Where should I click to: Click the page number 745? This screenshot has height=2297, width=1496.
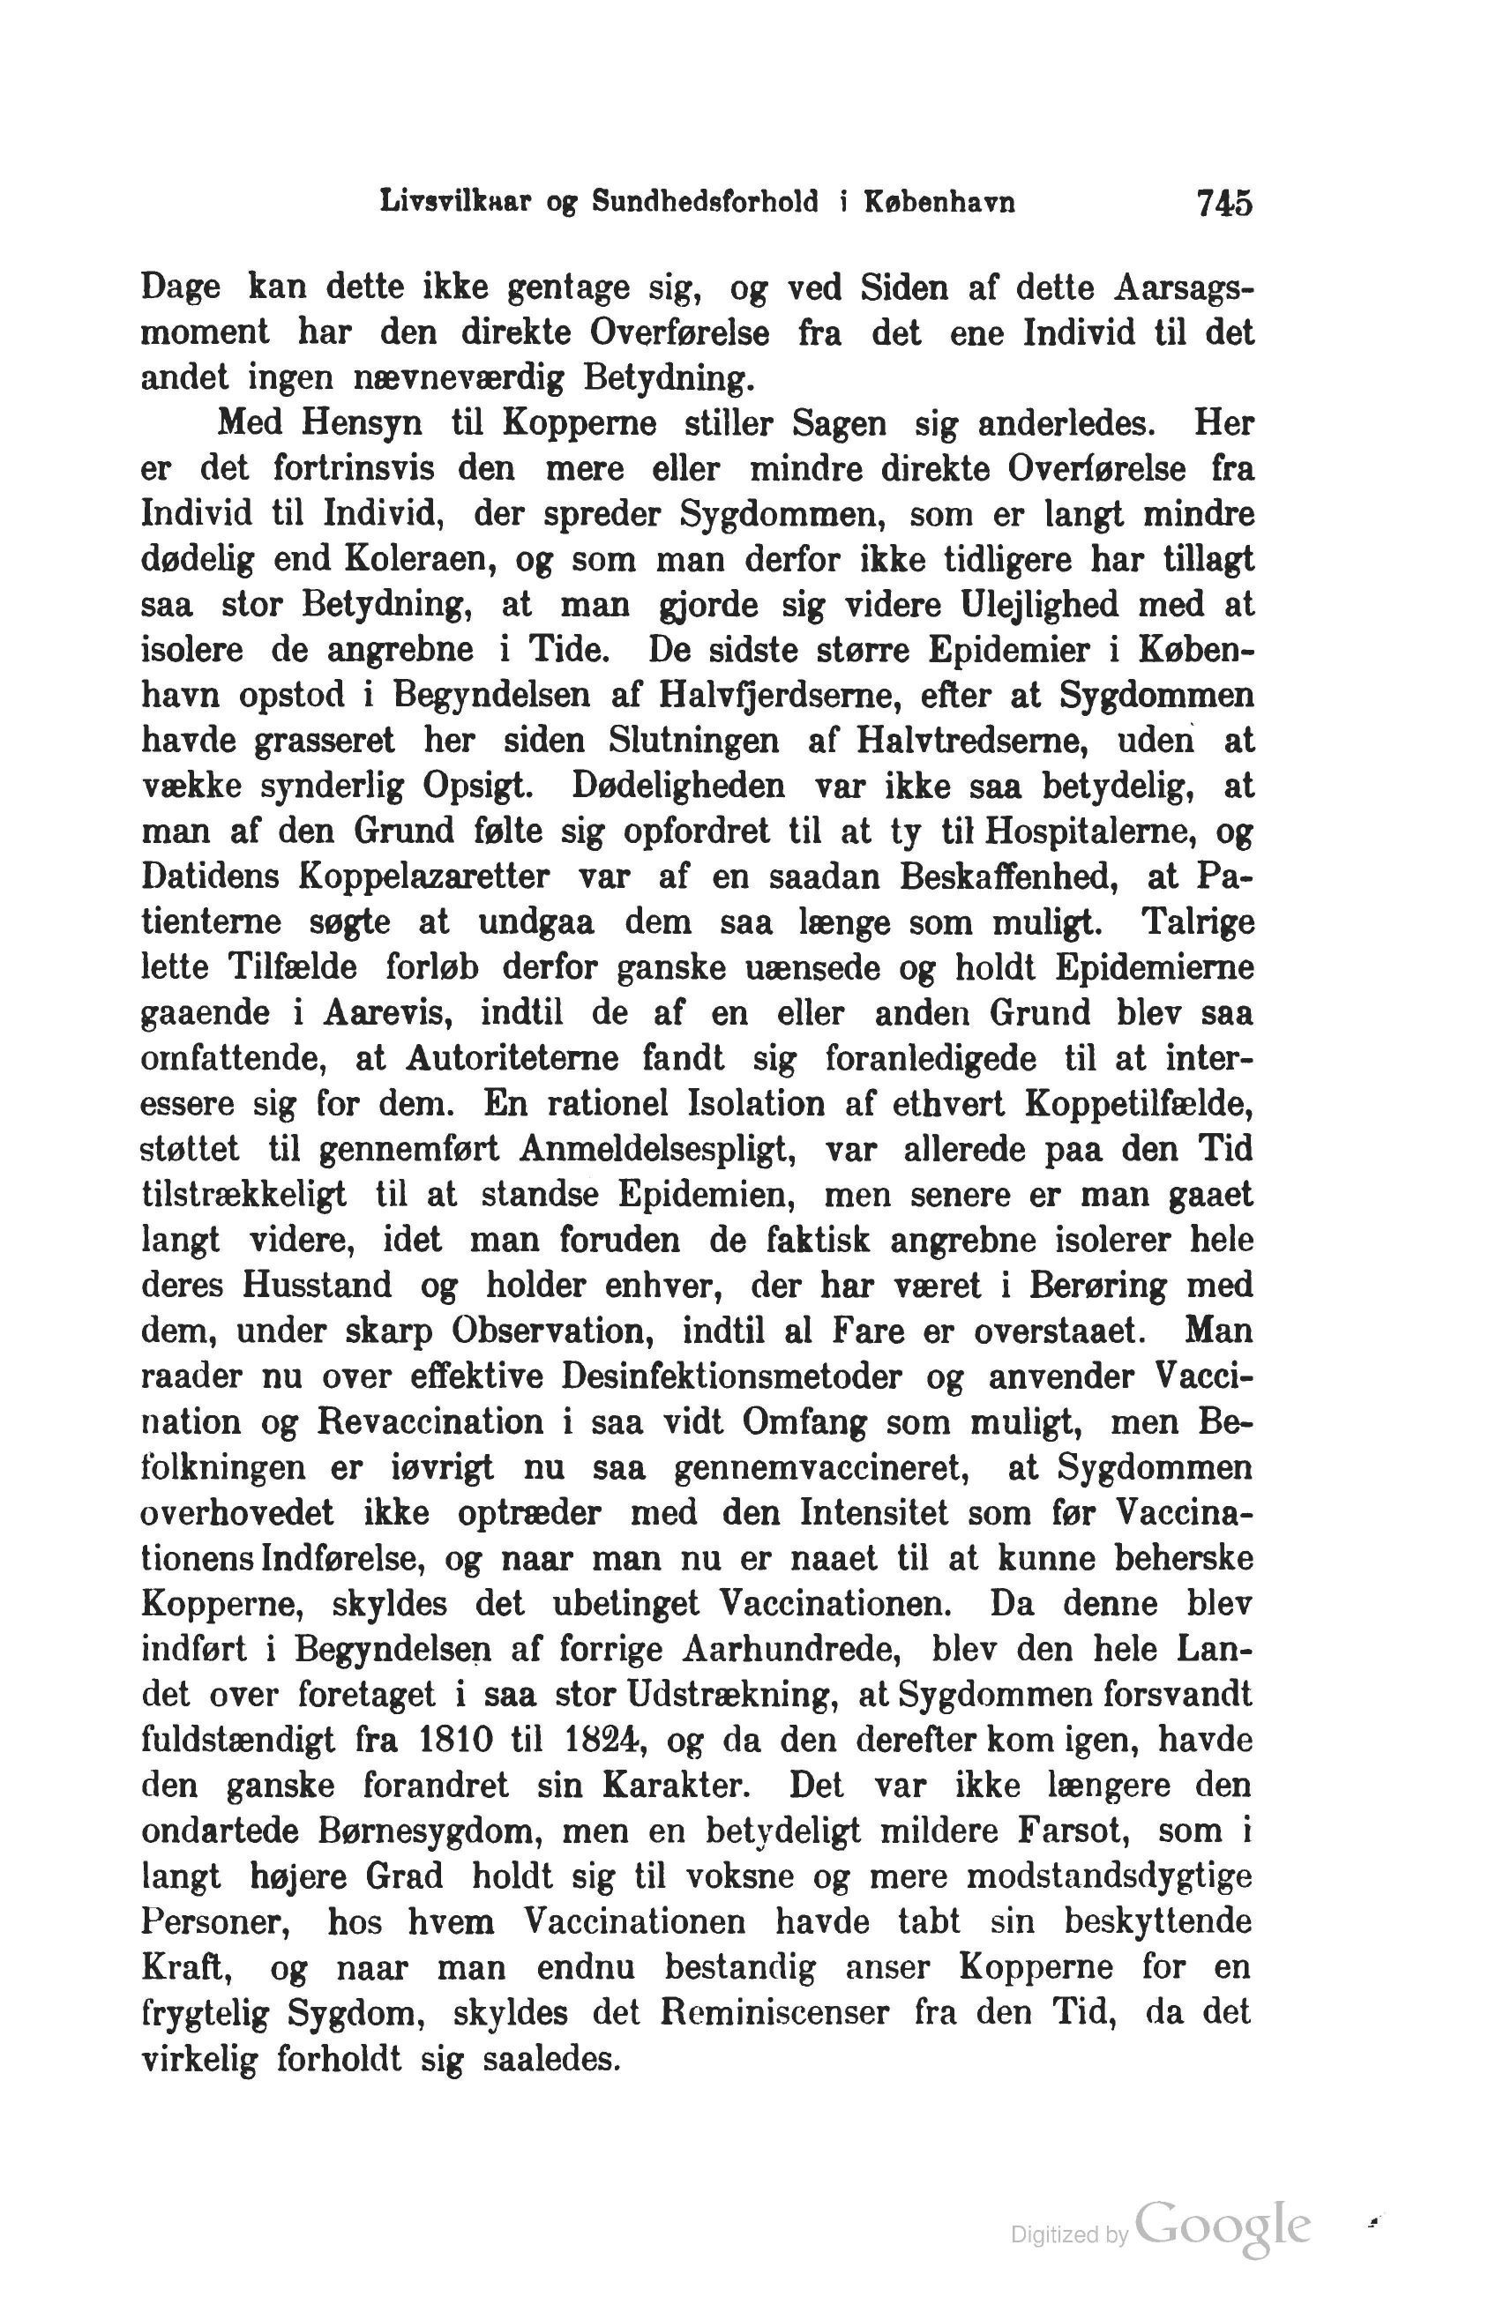(1223, 205)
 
